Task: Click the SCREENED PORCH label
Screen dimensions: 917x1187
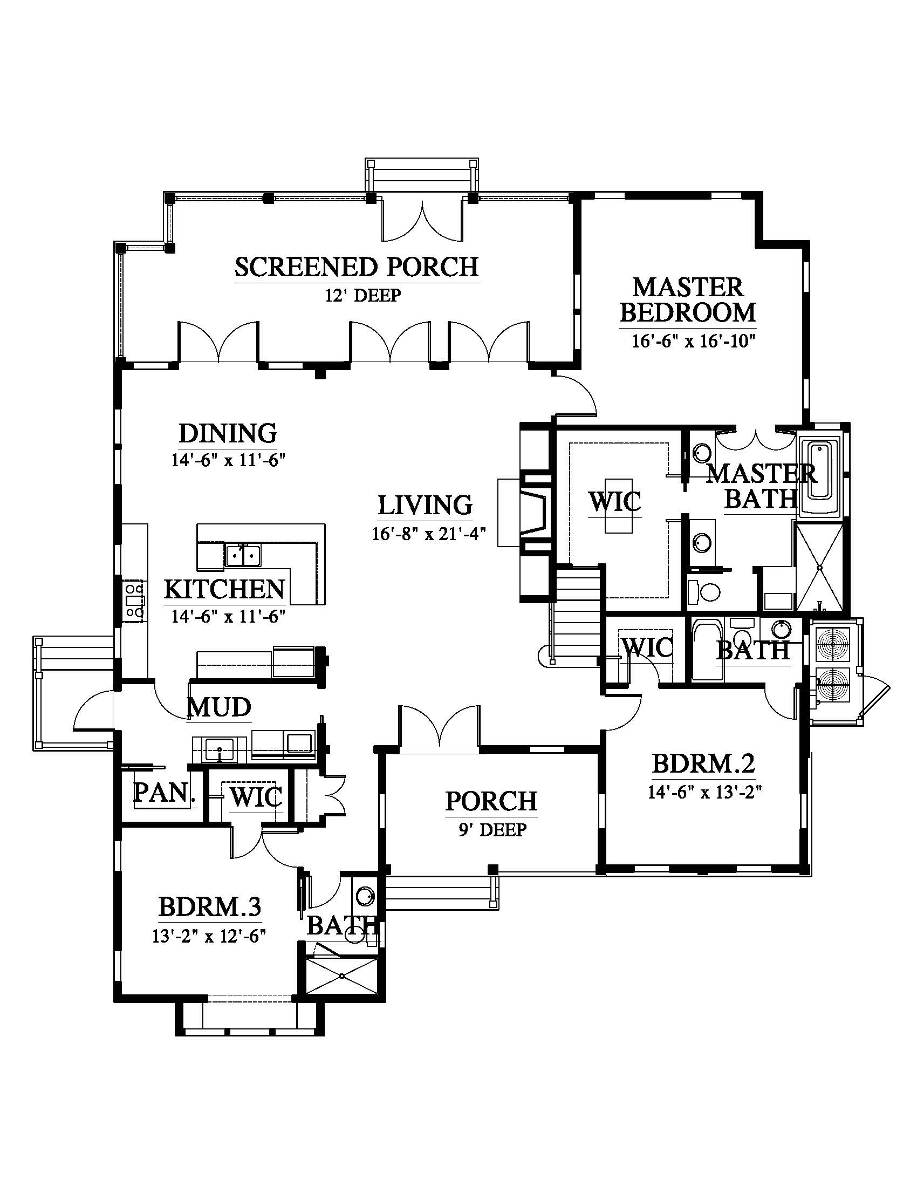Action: [x=357, y=267]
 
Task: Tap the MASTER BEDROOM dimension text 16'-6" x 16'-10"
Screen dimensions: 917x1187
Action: [x=694, y=342]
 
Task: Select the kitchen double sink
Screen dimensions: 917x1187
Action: [x=243, y=554]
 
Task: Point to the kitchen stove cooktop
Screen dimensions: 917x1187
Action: [x=134, y=601]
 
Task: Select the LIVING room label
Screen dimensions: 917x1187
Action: [x=425, y=505]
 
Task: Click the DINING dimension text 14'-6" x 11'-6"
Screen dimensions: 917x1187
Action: [x=229, y=460]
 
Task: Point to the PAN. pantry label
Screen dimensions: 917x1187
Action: [x=164, y=793]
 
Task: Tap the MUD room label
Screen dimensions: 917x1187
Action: [x=219, y=707]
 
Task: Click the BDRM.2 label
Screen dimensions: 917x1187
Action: [x=703, y=763]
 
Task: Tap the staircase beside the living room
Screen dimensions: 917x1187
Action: [x=577, y=614]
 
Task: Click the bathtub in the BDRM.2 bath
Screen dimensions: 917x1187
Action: [x=708, y=650]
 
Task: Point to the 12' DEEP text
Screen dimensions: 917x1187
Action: [x=363, y=295]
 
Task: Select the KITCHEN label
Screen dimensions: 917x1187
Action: [x=224, y=589]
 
